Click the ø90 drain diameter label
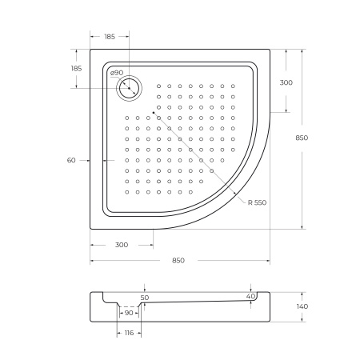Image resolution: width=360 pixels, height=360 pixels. pyautogui.click(x=116, y=73)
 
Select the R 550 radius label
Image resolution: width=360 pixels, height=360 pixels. pyautogui.click(x=257, y=202)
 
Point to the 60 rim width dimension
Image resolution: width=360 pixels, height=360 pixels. pyautogui.click(x=70, y=161)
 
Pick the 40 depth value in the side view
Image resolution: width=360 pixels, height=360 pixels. pyautogui.click(x=251, y=297)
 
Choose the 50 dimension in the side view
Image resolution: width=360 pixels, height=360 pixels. pyautogui.click(x=145, y=298)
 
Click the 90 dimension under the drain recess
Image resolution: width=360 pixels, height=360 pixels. pyautogui.click(x=128, y=313)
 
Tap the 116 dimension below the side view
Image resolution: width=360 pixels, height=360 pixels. pyautogui.click(x=128, y=334)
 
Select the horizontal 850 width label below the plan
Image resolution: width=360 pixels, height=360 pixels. pyautogui.click(x=178, y=261)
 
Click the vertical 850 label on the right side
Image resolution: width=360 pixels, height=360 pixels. pyautogui.click(x=302, y=138)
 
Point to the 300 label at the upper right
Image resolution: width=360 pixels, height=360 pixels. pyautogui.click(x=286, y=82)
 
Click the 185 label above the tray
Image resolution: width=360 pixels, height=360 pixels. pyautogui.click(x=109, y=37)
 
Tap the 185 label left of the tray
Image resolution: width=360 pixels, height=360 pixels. pyautogui.click(x=77, y=69)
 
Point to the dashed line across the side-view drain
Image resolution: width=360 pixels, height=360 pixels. pyautogui.click(x=128, y=306)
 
